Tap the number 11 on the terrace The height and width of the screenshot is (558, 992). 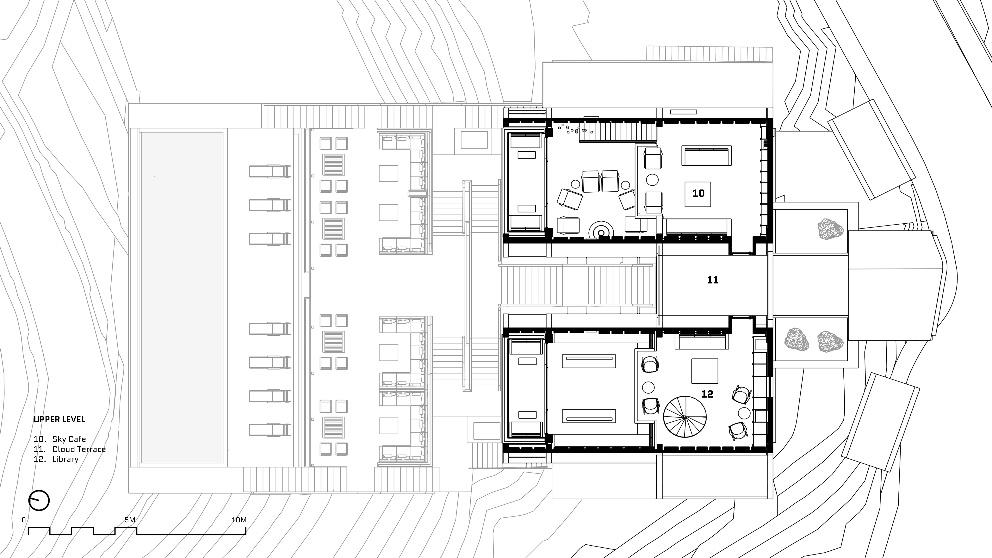[712, 280]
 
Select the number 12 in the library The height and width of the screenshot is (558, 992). [707, 394]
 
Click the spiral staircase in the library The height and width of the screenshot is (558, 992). [685, 417]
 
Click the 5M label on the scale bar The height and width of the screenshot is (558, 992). [130, 520]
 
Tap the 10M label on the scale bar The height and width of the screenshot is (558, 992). [239, 520]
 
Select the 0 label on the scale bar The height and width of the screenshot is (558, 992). [24, 520]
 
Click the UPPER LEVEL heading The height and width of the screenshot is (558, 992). [59, 419]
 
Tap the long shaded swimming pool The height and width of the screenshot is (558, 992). [182, 298]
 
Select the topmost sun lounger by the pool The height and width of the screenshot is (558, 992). [270, 171]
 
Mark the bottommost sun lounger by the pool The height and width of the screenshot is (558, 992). [270, 430]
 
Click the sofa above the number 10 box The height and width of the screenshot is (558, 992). [706, 156]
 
